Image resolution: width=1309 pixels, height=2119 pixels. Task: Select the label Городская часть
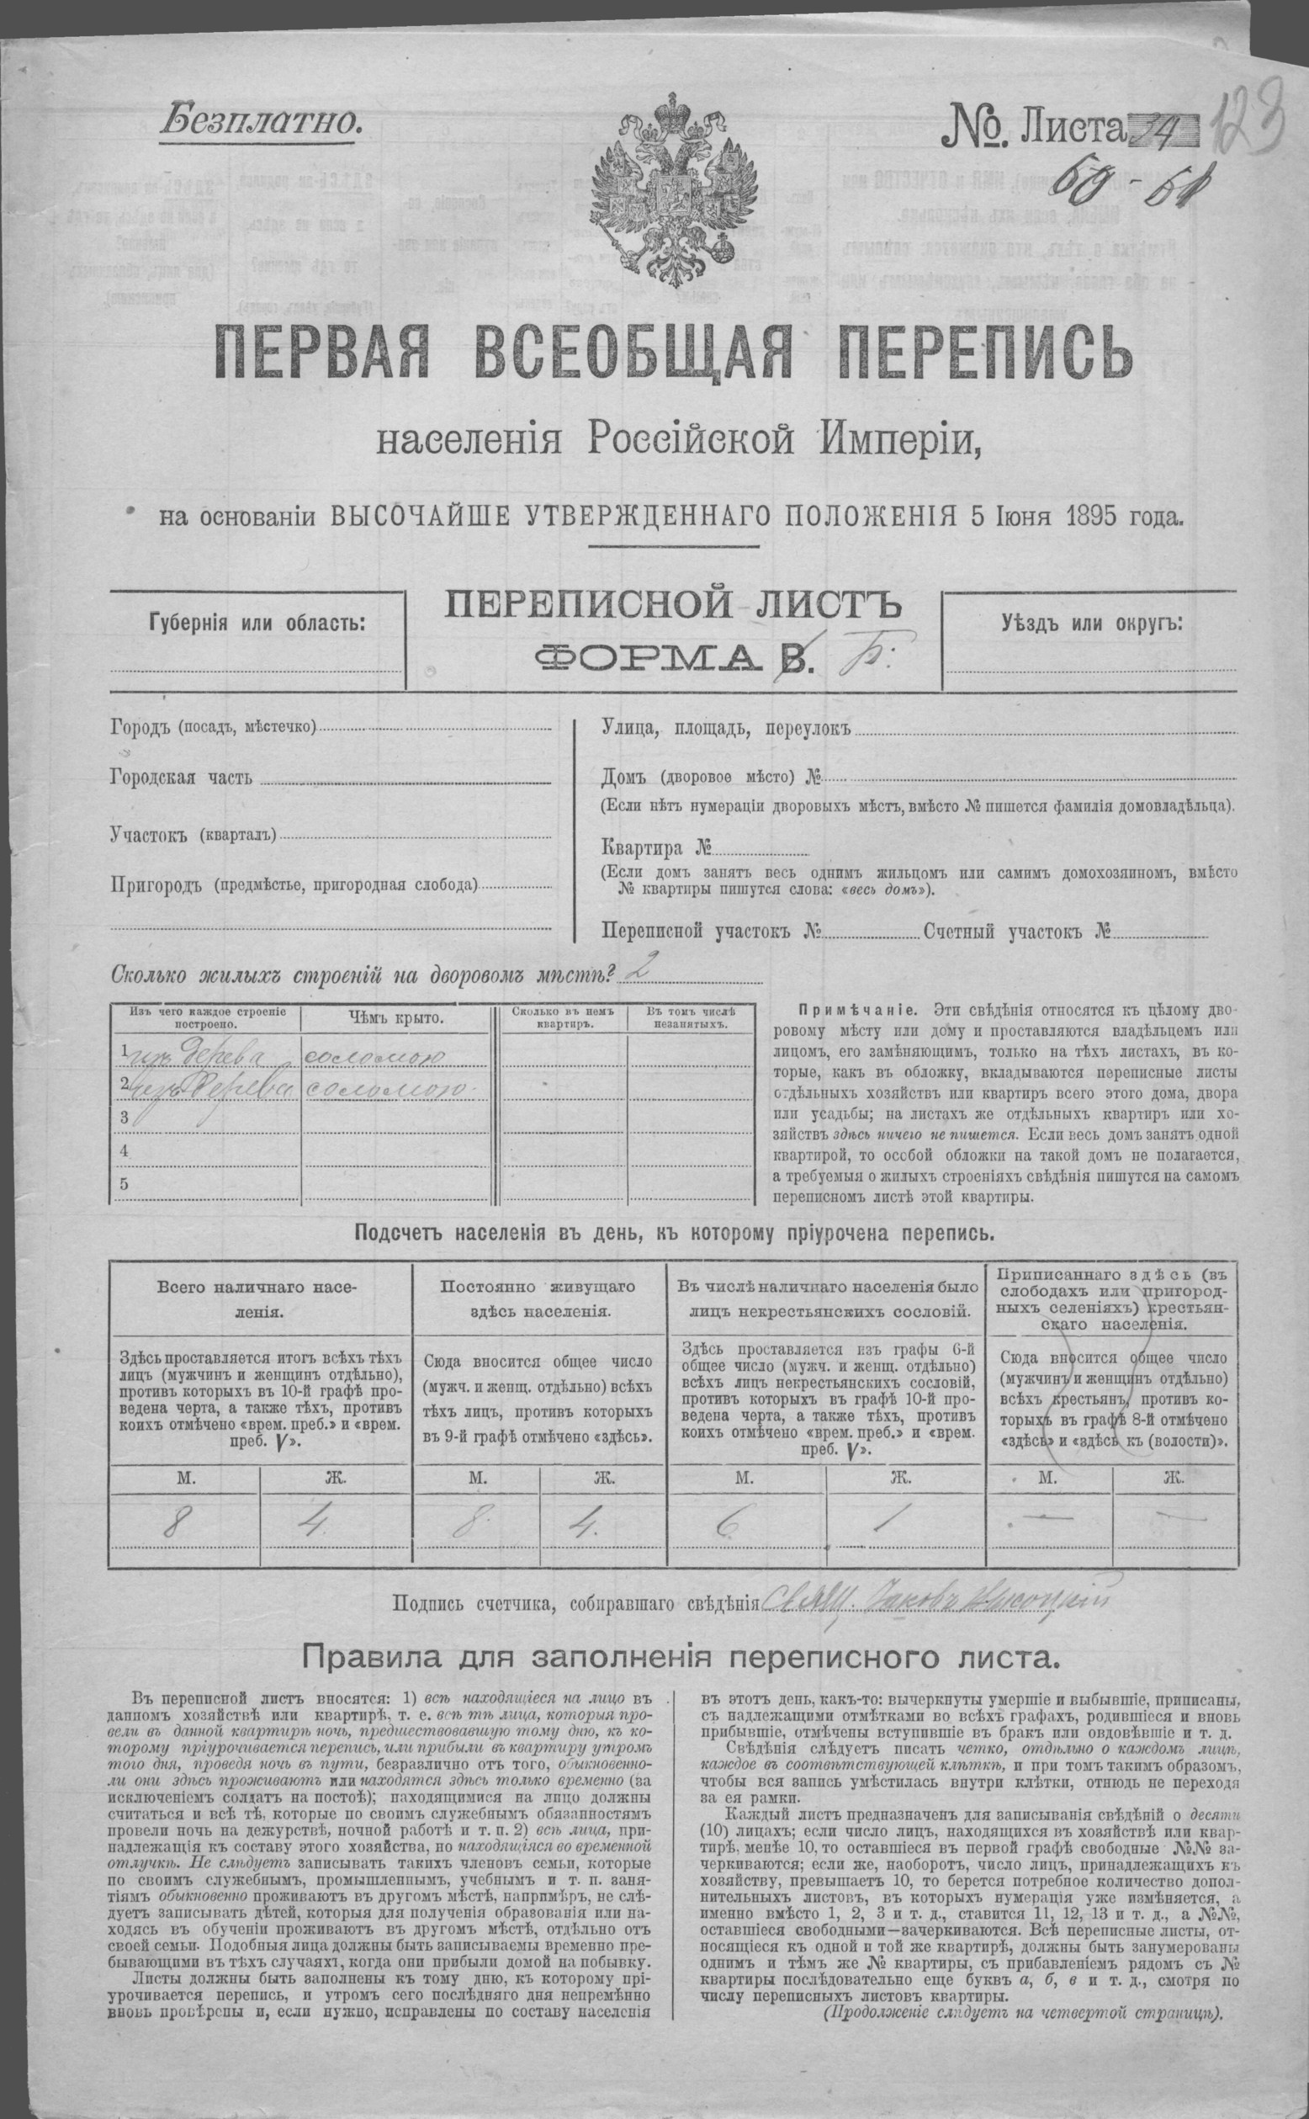coord(182,777)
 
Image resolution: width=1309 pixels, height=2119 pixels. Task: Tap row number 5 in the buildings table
coord(125,1184)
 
